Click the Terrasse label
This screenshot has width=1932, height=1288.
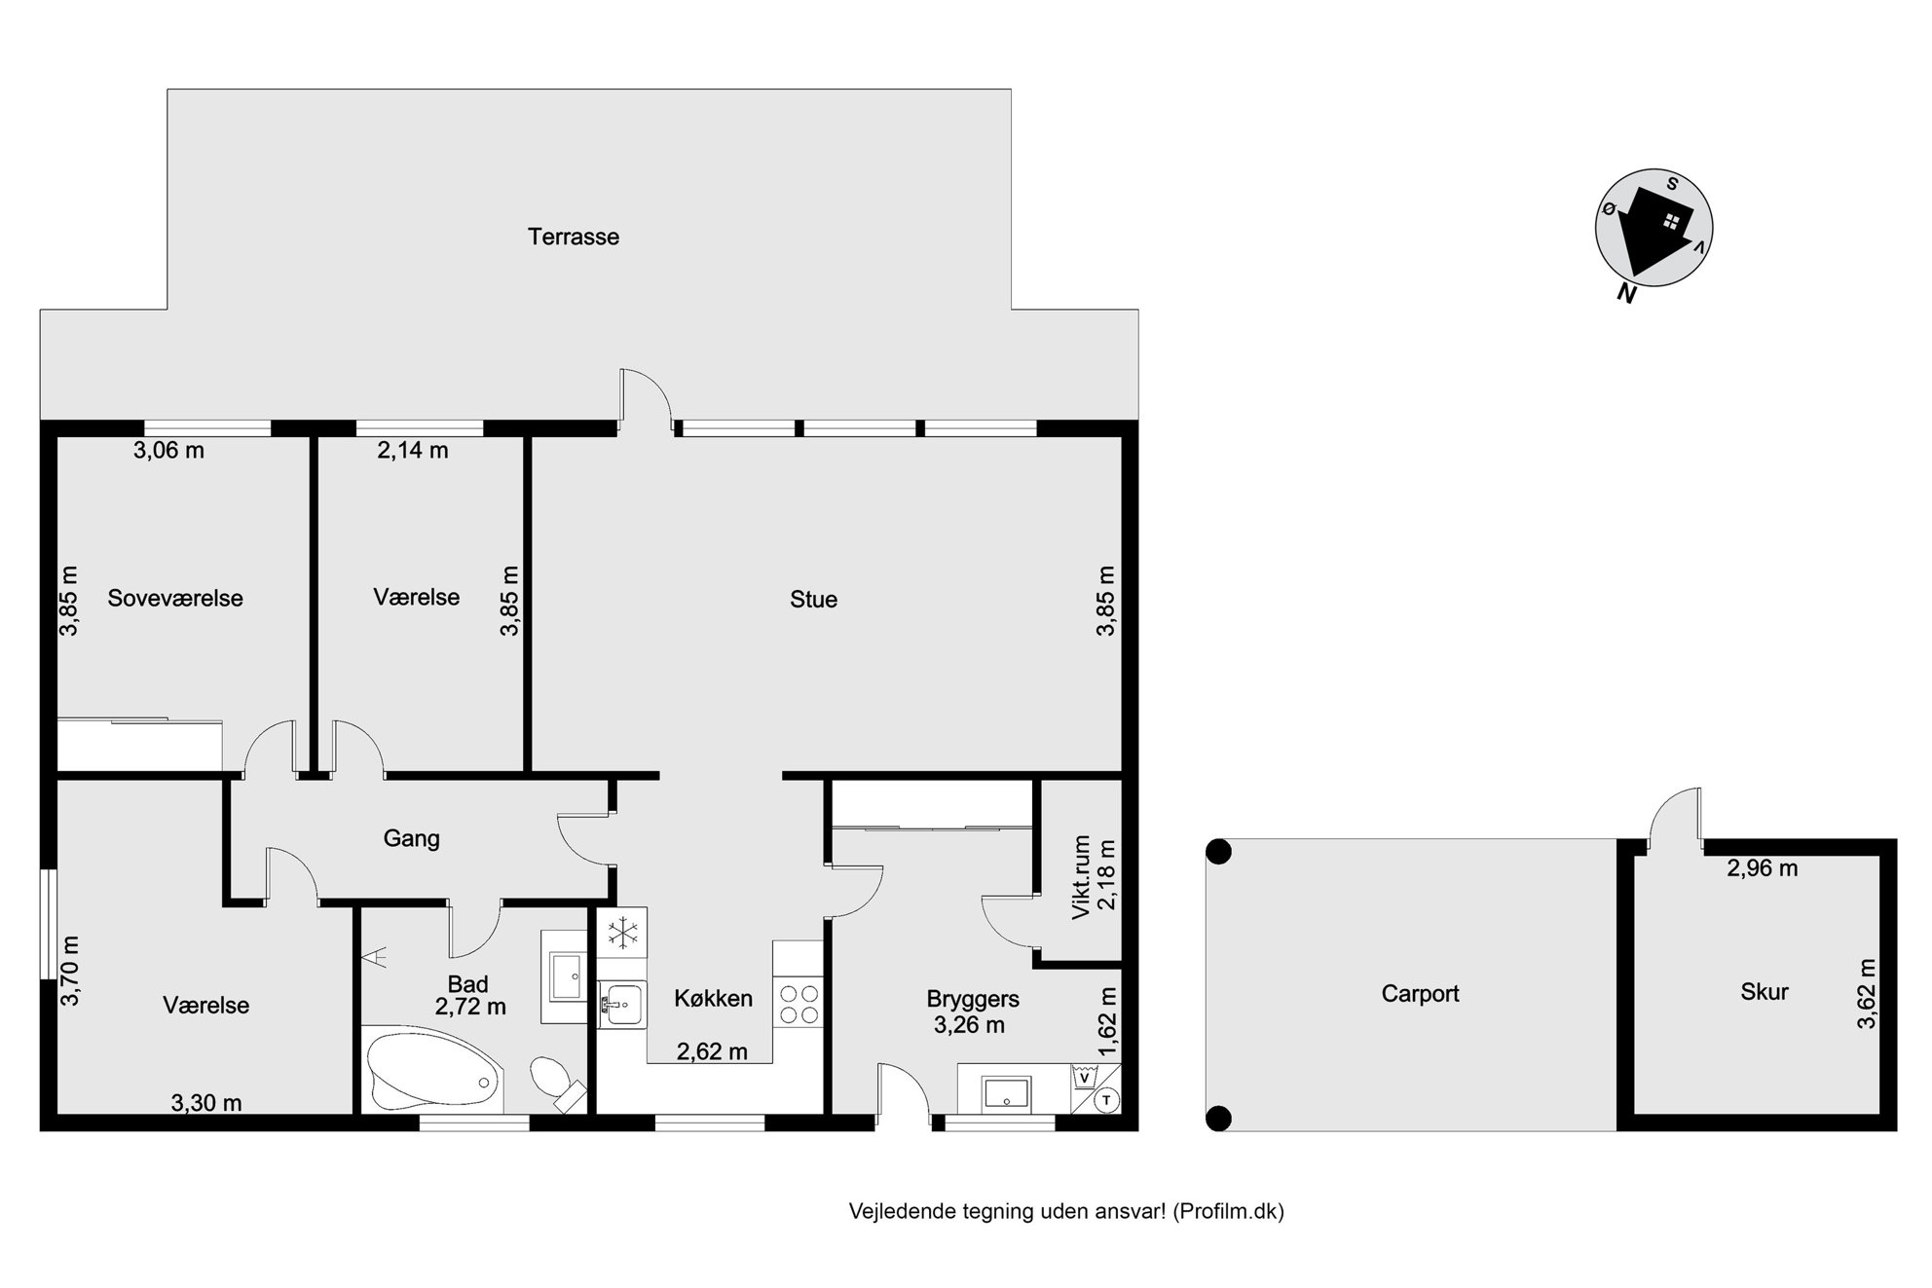[x=574, y=237]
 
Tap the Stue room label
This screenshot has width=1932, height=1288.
[x=813, y=600]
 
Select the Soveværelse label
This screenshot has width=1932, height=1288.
[x=175, y=598]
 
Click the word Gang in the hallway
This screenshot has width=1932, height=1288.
[x=411, y=838]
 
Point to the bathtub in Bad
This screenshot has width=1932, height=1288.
[x=433, y=1068]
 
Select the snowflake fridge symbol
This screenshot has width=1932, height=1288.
[x=622, y=933]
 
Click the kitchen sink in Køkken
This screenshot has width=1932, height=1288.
[x=621, y=1004]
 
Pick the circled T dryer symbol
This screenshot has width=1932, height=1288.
[x=1107, y=1100]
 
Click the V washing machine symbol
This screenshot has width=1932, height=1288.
[x=1084, y=1077]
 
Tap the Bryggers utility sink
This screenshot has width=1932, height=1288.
[x=1005, y=1091]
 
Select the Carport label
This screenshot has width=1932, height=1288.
[x=1420, y=994]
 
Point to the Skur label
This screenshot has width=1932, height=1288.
[x=1765, y=992]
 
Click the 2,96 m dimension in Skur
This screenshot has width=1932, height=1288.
[x=1763, y=868]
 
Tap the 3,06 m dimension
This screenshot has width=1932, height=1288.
[x=168, y=450]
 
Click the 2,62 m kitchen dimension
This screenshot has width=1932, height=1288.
[x=712, y=1051]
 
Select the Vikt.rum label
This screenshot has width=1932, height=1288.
[x=1080, y=877]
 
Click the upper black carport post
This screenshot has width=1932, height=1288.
[x=1218, y=852]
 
